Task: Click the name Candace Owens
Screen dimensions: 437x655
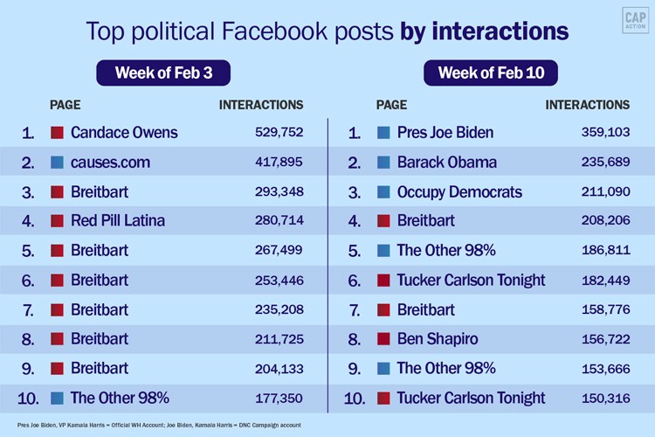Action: coord(124,133)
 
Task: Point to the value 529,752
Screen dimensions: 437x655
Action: coord(274,133)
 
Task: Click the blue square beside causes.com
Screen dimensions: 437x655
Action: coord(58,163)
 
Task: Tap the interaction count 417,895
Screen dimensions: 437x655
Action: coord(274,163)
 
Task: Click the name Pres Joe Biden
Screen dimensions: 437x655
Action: coord(445,133)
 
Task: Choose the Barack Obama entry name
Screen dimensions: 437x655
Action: coord(446,163)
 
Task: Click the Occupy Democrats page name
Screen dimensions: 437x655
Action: coord(459,192)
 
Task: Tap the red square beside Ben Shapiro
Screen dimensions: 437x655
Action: coord(383,339)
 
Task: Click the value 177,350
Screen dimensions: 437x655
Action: coord(274,399)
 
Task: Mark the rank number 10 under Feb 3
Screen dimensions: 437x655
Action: coord(28,399)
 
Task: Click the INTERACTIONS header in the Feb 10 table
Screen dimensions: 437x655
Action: coord(587,105)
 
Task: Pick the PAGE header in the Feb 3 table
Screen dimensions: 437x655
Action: coord(65,105)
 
